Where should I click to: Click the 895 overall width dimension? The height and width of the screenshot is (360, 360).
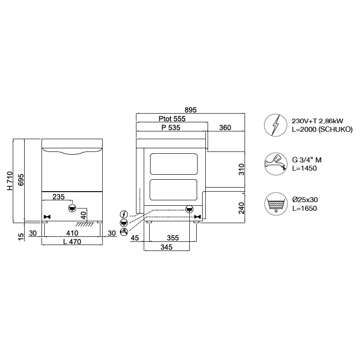click(191, 110)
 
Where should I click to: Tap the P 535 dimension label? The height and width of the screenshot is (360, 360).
click(171, 128)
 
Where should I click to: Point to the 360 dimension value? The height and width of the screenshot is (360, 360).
click(225, 128)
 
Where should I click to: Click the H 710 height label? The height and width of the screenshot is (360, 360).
click(10, 181)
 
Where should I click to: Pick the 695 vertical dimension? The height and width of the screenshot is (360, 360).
click(21, 181)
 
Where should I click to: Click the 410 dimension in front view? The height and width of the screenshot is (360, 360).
click(72, 233)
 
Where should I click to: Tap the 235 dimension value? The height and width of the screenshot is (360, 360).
click(58, 197)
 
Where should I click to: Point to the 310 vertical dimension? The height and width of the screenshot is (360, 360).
click(241, 169)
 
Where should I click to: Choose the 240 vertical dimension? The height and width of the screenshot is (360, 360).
click(241, 208)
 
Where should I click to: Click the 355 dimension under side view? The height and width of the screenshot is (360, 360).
click(172, 238)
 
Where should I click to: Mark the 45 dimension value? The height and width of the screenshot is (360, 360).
click(135, 238)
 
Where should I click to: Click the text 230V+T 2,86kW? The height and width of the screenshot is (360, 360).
click(317, 121)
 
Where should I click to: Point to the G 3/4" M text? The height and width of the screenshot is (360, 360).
click(306, 160)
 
